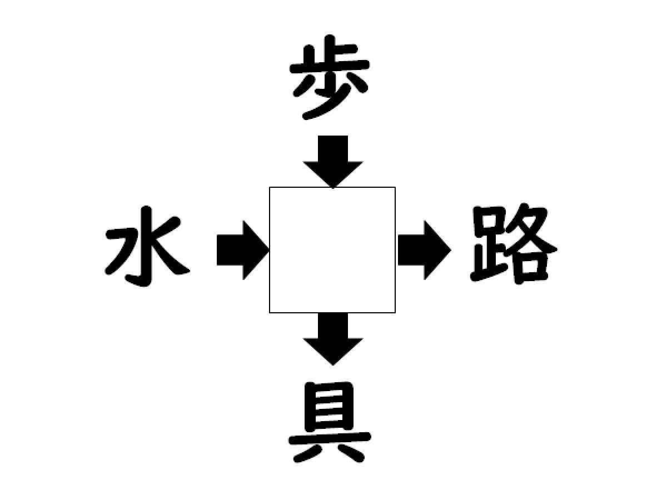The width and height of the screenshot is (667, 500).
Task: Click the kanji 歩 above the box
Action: (x=330, y=77)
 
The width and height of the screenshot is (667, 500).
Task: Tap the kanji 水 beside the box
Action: (x=147, y=247)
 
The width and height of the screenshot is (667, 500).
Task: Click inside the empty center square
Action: (x=332, y=250)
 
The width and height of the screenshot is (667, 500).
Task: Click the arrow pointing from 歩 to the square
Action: (x=333, y=162)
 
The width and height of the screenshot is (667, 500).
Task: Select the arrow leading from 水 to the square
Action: (x=243, y=250)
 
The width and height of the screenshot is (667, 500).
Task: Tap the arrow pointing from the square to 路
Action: (x=425, y=250)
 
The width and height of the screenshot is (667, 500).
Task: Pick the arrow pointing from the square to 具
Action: (x=333, y=339)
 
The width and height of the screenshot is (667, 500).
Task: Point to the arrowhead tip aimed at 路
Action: (x=451, y=250)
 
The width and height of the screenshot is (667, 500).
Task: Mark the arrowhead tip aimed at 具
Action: (x=333, y=365)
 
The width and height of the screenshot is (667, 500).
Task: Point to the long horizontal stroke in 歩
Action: (x=330, y=67)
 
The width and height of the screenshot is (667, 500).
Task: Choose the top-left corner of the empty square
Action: (x=270, y=187)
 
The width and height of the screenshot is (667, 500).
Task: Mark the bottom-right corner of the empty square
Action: (x=395, y=312)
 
